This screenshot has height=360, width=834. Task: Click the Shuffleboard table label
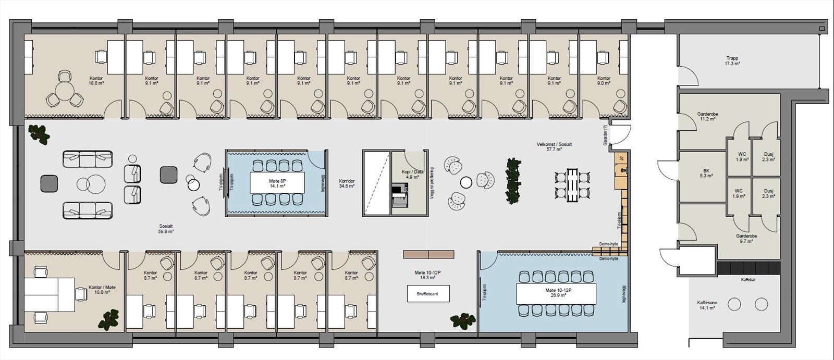click(427, 294)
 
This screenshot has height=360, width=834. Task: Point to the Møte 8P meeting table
click(276, 182)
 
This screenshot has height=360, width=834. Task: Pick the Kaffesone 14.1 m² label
click(706, 305)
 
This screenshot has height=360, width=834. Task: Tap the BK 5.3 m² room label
click(706, 173)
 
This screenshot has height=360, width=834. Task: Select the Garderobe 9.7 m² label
click(746, 238)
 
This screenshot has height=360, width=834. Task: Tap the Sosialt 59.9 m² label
click(166, 229)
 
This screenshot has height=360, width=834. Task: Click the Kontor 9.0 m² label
click(605, 80)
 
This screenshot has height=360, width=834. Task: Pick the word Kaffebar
click(749, 280)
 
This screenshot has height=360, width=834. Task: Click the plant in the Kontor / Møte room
click(111, 319)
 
